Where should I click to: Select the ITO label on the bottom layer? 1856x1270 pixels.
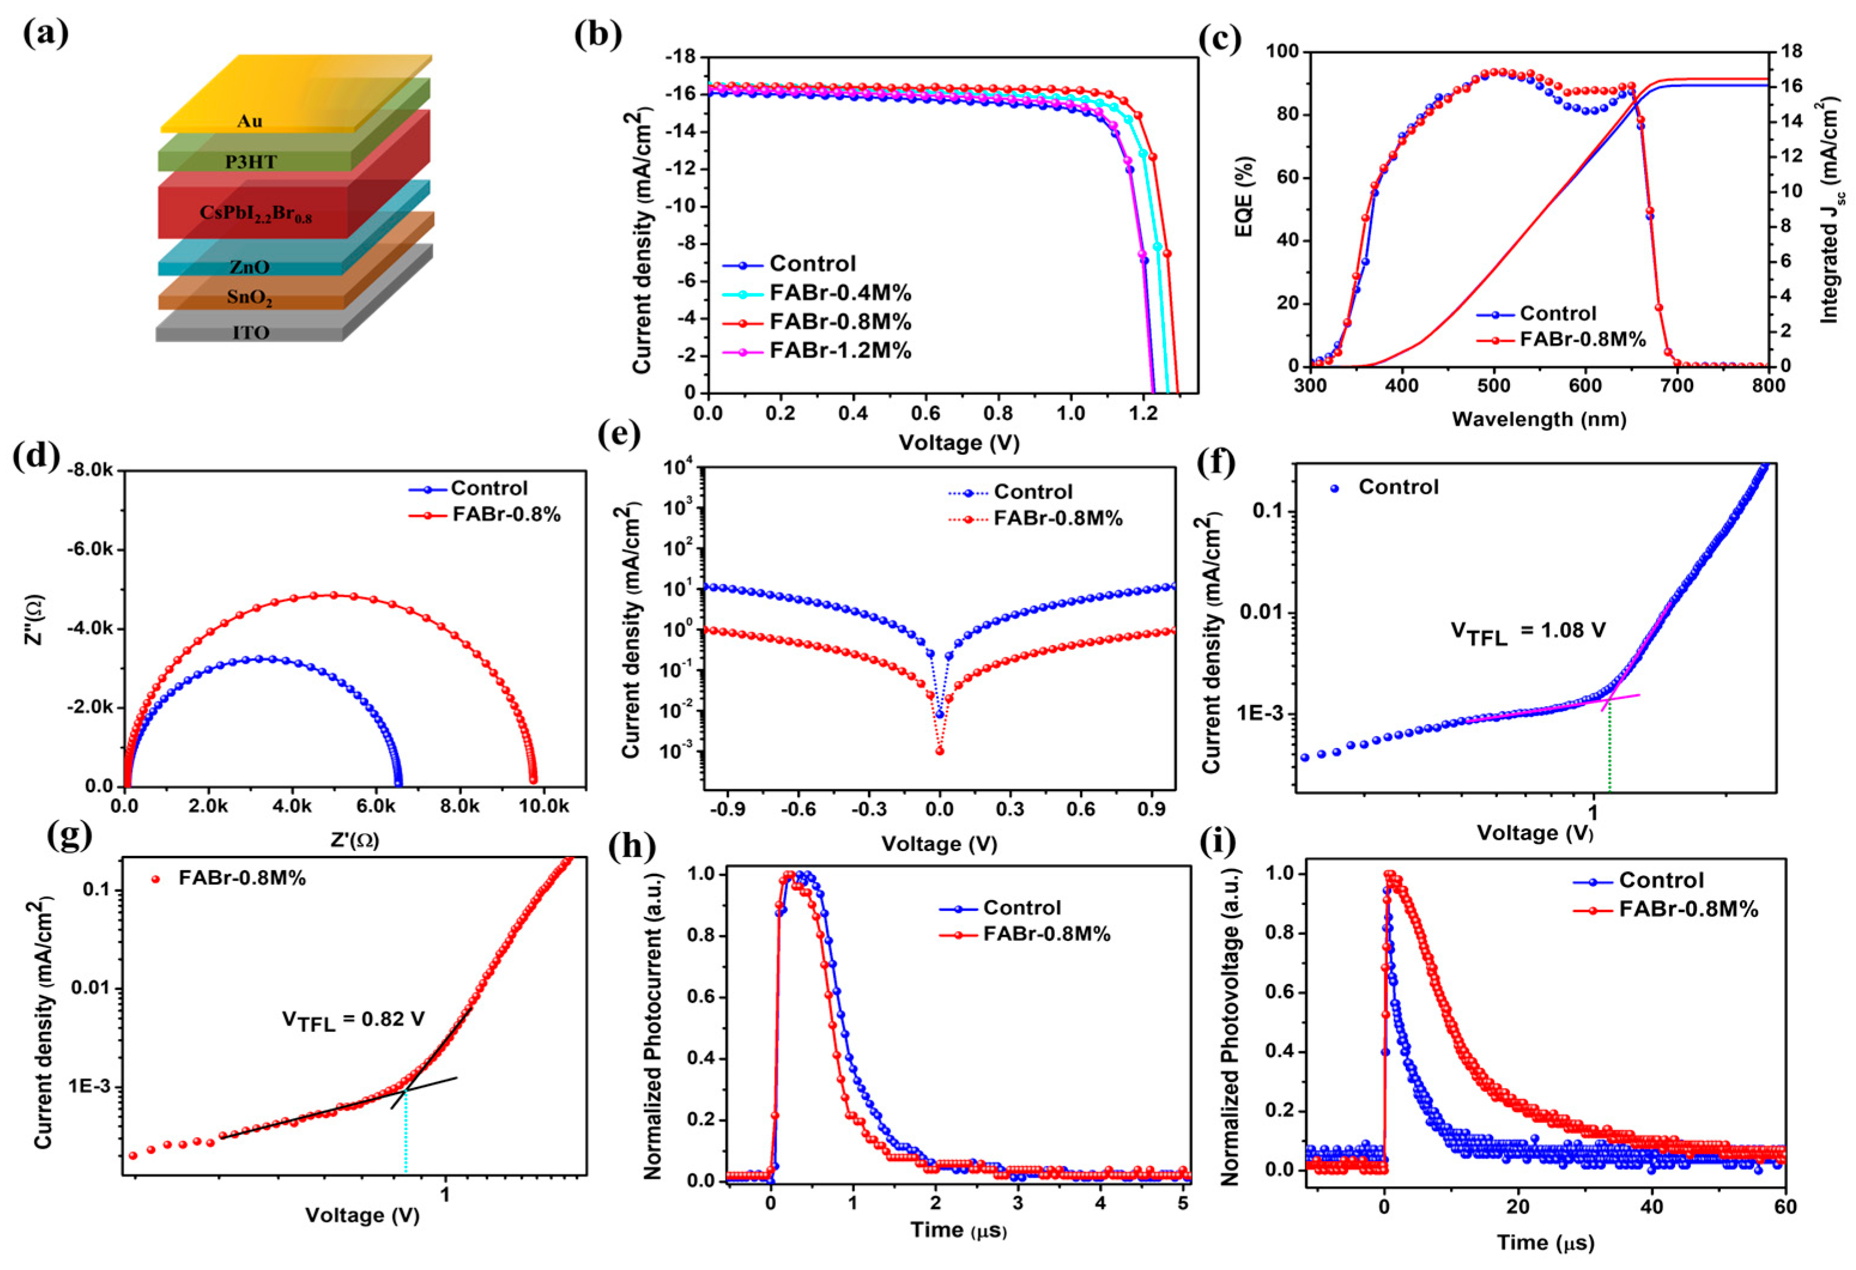251,333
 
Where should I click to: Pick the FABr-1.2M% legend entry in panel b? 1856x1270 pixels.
839,351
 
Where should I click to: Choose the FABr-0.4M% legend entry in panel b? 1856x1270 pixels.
839,293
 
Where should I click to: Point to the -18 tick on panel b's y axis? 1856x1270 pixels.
680,57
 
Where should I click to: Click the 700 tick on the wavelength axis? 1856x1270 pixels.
1676,385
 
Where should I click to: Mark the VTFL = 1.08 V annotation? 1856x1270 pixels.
1527,632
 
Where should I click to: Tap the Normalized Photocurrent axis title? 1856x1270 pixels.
653,1028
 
